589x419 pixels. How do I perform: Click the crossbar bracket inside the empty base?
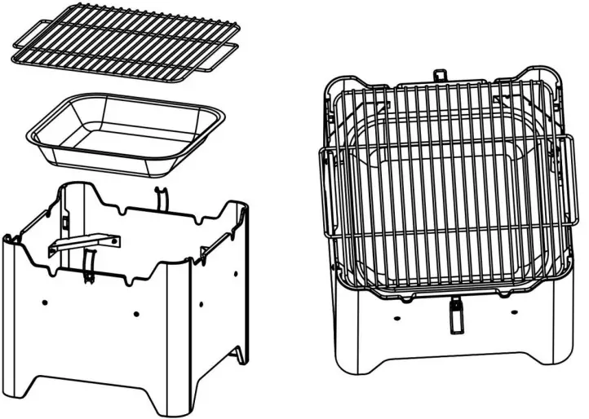pyautogui.click(x=83, y=242)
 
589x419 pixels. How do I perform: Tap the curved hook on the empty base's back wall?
pyautogui.click(x=160, y=199)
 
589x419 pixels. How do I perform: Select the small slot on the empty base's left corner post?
pyautogui.click(x=63, y=221)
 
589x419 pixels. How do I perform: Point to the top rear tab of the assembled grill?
pyautogui.click(x=441, y=74)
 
